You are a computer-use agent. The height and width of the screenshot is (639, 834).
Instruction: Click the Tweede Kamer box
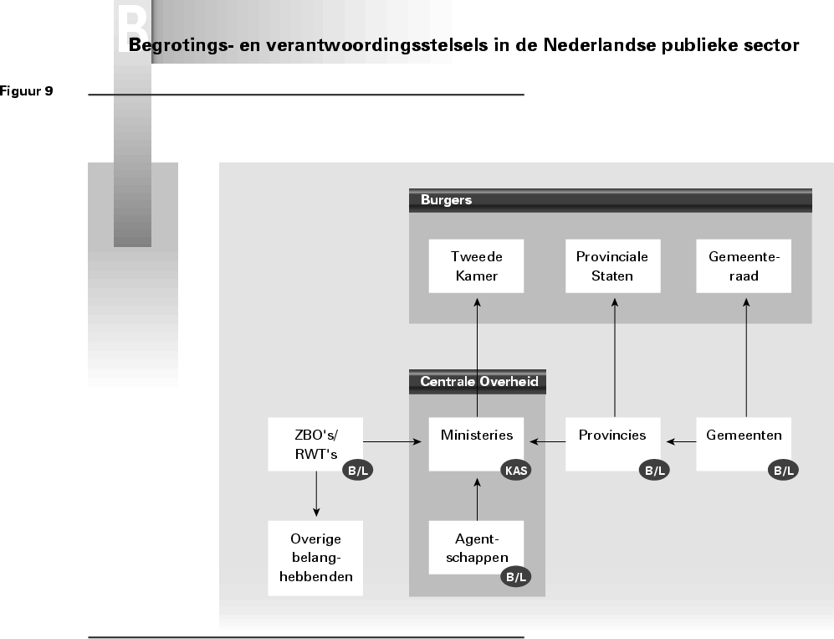[x=476, y=266]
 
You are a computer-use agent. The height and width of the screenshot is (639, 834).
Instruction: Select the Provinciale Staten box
[x=613, y=266]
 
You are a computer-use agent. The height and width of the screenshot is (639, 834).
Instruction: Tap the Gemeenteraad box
[x=744, y=266]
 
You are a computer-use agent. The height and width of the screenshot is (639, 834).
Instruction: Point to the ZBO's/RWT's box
[x=315, y=443]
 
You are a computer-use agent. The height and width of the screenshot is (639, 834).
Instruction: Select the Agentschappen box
[x=476, y=547]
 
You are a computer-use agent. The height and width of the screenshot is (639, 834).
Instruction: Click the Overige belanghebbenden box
[x=315, y=558]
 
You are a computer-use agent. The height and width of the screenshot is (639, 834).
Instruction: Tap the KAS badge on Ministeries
[x=516, y=471]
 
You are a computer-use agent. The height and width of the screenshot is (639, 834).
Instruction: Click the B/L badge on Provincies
[x=654, y=471]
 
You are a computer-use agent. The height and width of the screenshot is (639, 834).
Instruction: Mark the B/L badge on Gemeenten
[x=784, y=471]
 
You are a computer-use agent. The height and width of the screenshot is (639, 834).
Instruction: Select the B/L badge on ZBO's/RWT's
[x=356, y=471]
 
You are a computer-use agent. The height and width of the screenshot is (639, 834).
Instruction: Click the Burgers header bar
[x=611, y=200]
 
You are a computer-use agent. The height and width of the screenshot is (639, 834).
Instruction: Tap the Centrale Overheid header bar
[x=477, y=382]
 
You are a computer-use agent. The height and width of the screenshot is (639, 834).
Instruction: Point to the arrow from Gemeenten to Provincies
[x=683, y=441]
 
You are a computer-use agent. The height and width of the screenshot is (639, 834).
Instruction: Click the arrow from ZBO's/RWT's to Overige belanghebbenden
[x=316, y=494]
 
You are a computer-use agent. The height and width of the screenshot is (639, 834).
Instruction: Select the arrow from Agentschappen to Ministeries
[x=476, y=499]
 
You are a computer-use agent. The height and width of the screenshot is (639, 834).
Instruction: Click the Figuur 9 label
[x=27, y=91]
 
